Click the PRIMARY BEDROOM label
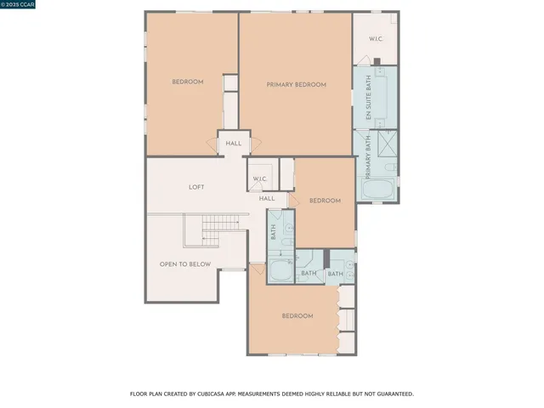(296, 84)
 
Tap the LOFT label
(196, 187)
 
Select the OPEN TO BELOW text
(185, 264)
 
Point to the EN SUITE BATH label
(369, 96)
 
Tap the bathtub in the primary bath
(377, 189)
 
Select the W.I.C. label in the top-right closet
(376, 39)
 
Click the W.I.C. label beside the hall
(258, 178)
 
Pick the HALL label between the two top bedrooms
(234, 144)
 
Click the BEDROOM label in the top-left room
(188, 82)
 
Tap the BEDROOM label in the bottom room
(297, 315)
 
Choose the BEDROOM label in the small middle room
(325, 201)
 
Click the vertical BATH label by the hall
(274, 231)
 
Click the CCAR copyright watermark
(18, 4)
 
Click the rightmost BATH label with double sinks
(336, 274)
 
